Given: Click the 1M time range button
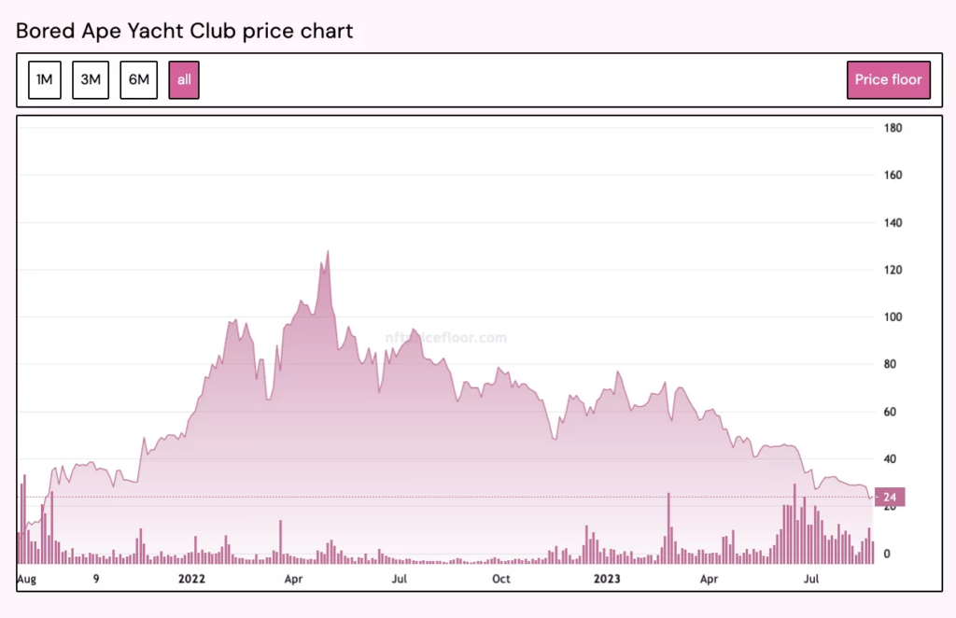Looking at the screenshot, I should (x=44, y=79).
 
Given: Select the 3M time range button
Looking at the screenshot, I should (x=91, y=79).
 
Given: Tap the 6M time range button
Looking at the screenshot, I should (x=138, y=79).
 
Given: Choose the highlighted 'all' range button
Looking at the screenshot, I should (x=184, y=79).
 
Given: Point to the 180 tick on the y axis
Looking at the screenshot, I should (x=893, y=128).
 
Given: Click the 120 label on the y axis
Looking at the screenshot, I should (x=893, y=270).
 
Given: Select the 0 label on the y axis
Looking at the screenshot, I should (x=887, y=554).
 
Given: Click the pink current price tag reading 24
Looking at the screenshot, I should (x=890, y=497).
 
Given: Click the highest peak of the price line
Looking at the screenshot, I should (x=328, y=251).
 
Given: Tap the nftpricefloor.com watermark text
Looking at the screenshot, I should (x=446, y=338).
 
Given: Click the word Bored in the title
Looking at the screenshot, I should (x=43, y=31).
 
